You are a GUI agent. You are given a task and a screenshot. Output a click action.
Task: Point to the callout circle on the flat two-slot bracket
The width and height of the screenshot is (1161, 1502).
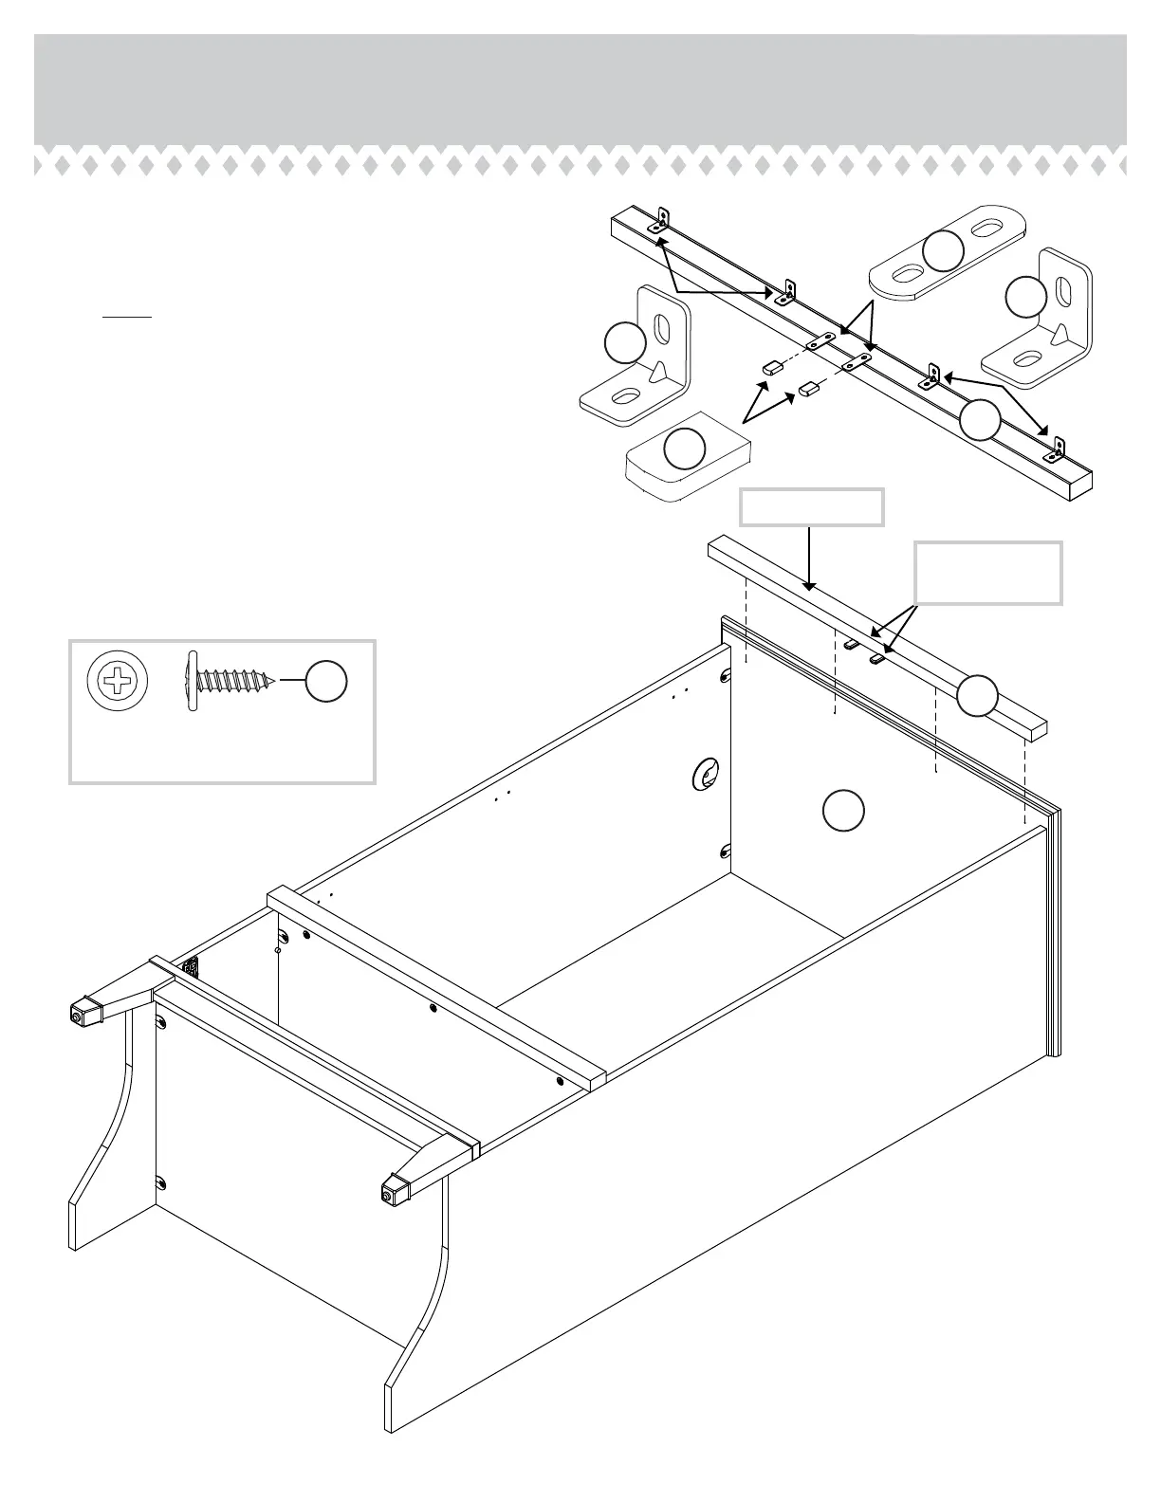pos(943,250)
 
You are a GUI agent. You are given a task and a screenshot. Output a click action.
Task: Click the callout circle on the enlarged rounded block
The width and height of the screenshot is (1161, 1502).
pos(684,449)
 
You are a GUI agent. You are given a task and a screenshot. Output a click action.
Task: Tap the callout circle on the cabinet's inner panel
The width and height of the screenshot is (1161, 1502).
pos(842,812)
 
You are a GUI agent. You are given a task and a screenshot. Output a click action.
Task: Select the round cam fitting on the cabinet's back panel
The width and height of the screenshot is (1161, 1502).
pos(705,776)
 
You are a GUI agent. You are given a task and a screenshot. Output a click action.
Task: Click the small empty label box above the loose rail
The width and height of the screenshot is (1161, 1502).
pos(812,507)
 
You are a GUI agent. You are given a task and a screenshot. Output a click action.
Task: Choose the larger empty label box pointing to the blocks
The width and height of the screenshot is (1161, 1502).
pos(987,573)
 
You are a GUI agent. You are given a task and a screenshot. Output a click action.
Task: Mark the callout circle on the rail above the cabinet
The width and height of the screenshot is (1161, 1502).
pos(977,697)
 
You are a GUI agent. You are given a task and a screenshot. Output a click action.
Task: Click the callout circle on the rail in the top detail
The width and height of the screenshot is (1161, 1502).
pos(980,420)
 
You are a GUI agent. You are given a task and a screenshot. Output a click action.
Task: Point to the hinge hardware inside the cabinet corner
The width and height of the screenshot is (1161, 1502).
pos(193,967)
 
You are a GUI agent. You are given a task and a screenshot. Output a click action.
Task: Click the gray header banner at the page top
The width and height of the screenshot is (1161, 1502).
pos(580,90)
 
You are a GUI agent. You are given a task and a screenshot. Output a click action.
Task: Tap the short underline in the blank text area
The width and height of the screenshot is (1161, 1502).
pos(127,315)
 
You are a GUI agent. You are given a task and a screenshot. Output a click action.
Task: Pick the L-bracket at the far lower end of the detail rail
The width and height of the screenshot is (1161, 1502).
pos(1056,449)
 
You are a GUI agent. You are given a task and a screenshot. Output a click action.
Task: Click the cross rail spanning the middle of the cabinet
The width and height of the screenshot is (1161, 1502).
pos(436,987)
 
